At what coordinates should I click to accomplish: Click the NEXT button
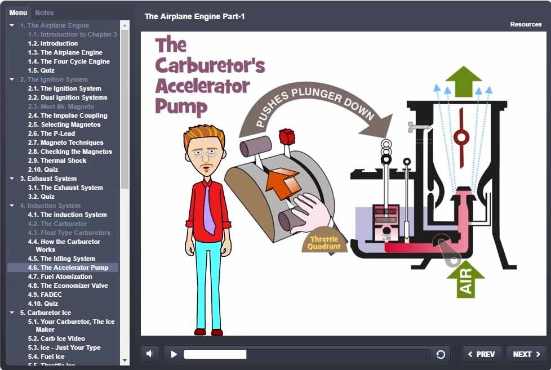pyautogui.click(x=526, y=354)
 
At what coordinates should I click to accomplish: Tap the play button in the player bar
pyautogui.click(x=174, y=354)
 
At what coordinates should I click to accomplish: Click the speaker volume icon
pyautogui.click(x=150, y=354)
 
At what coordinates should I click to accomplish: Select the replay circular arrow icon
pyautogui.click(x=441, y=354)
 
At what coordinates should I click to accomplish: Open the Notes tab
pyautogui.click(x=45, y=12)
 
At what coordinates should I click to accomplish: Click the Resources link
pyautogui.click(x=526, y=24)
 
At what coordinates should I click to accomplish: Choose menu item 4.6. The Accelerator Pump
pyautogui.click(x=68, y=268)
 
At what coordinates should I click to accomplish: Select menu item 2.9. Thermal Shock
pyautogui.click(x=63, y=161)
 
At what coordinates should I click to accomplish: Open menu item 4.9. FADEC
pyautogui.click(x=51, y=295)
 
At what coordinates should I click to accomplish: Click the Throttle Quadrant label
pyautogui.click(x=325, y=243)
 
